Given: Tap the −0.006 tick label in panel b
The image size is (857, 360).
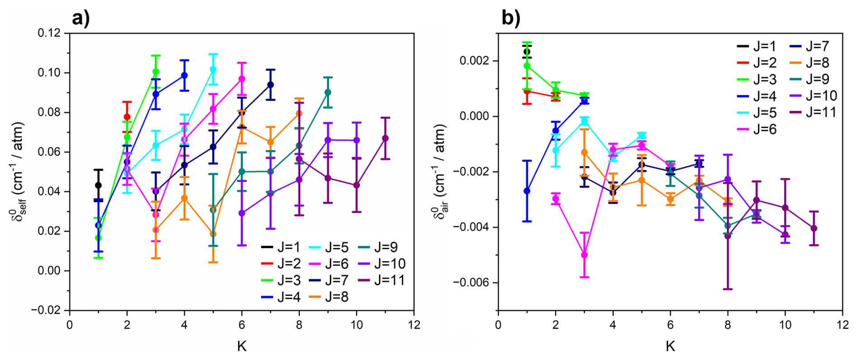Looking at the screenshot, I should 472,283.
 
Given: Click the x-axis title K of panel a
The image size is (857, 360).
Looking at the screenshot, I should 241,346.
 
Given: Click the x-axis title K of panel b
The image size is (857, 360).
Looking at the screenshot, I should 670,346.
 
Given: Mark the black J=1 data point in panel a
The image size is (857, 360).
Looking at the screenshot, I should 98,185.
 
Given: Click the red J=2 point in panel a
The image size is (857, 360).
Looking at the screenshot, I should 127,117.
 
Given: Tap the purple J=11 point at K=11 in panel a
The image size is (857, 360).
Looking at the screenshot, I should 385,138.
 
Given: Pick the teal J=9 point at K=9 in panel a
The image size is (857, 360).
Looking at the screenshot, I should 328,92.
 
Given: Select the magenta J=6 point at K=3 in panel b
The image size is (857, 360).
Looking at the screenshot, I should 584,255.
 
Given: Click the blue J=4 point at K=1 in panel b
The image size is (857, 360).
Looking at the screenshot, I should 527,191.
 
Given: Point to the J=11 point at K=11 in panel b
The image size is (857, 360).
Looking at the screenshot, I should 814,228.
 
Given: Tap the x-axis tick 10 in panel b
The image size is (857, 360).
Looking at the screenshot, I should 785,325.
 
